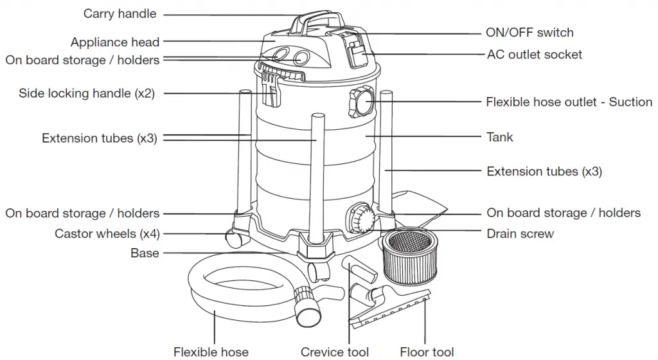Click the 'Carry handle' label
tap(120, 14)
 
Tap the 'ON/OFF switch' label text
tap(529, 32)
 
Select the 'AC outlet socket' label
tap(534, 55)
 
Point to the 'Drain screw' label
tap(520, 233)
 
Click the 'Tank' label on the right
tap(499, 137)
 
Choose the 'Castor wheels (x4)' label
tap(107, 233)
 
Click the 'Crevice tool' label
tap(335, 352)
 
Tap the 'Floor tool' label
tap(427, 352)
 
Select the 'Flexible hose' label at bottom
tap(211, 352)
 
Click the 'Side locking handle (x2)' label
tap(87, 93)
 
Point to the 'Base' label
tap(145, 253)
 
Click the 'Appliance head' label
tap(115, 42)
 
